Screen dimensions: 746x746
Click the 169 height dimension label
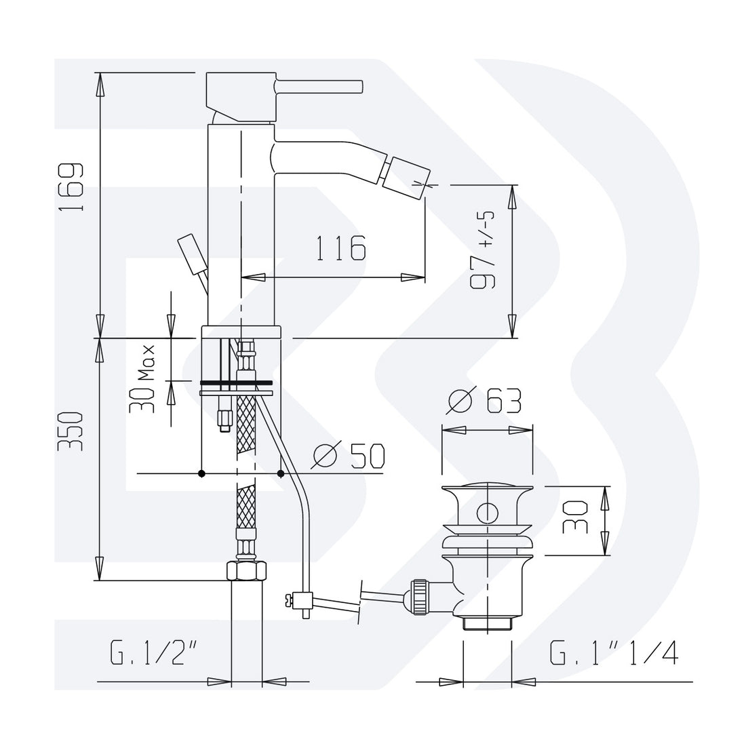coord(71,187)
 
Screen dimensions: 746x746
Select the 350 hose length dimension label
coord(71,431)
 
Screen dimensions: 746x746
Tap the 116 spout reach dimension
coord(340,249)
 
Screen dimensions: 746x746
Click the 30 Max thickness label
coord(144,380)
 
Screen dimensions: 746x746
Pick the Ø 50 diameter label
coord(348,456)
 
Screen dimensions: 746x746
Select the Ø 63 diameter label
coord(486,402)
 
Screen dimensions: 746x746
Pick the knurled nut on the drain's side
coord(419,596)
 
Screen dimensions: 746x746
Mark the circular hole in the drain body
coord(486,512)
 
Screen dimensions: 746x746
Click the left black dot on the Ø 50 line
coord(201,473)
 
